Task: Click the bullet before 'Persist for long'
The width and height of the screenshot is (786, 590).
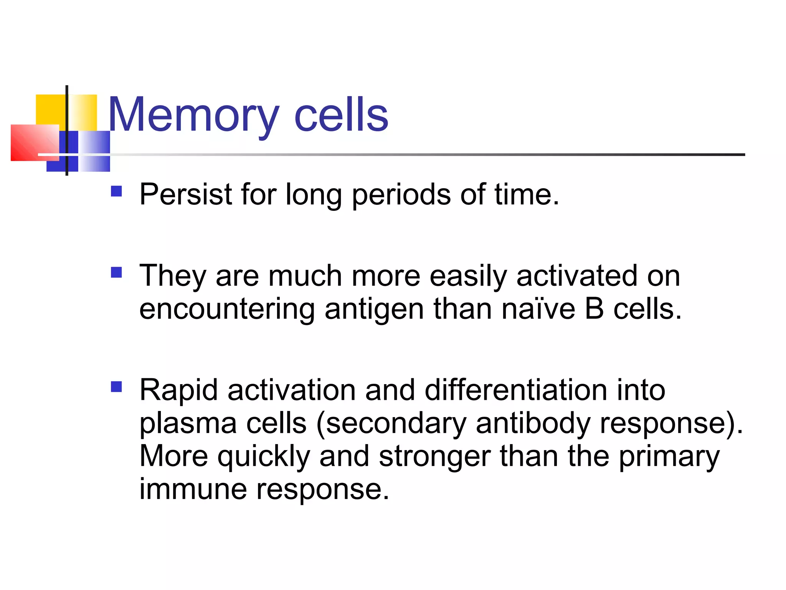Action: pos(116,191)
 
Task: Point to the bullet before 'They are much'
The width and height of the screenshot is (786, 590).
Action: pos(116,272)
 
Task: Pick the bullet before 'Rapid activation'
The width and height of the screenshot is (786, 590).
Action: pos(116,386)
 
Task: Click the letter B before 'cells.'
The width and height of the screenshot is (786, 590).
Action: pos(594,309)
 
